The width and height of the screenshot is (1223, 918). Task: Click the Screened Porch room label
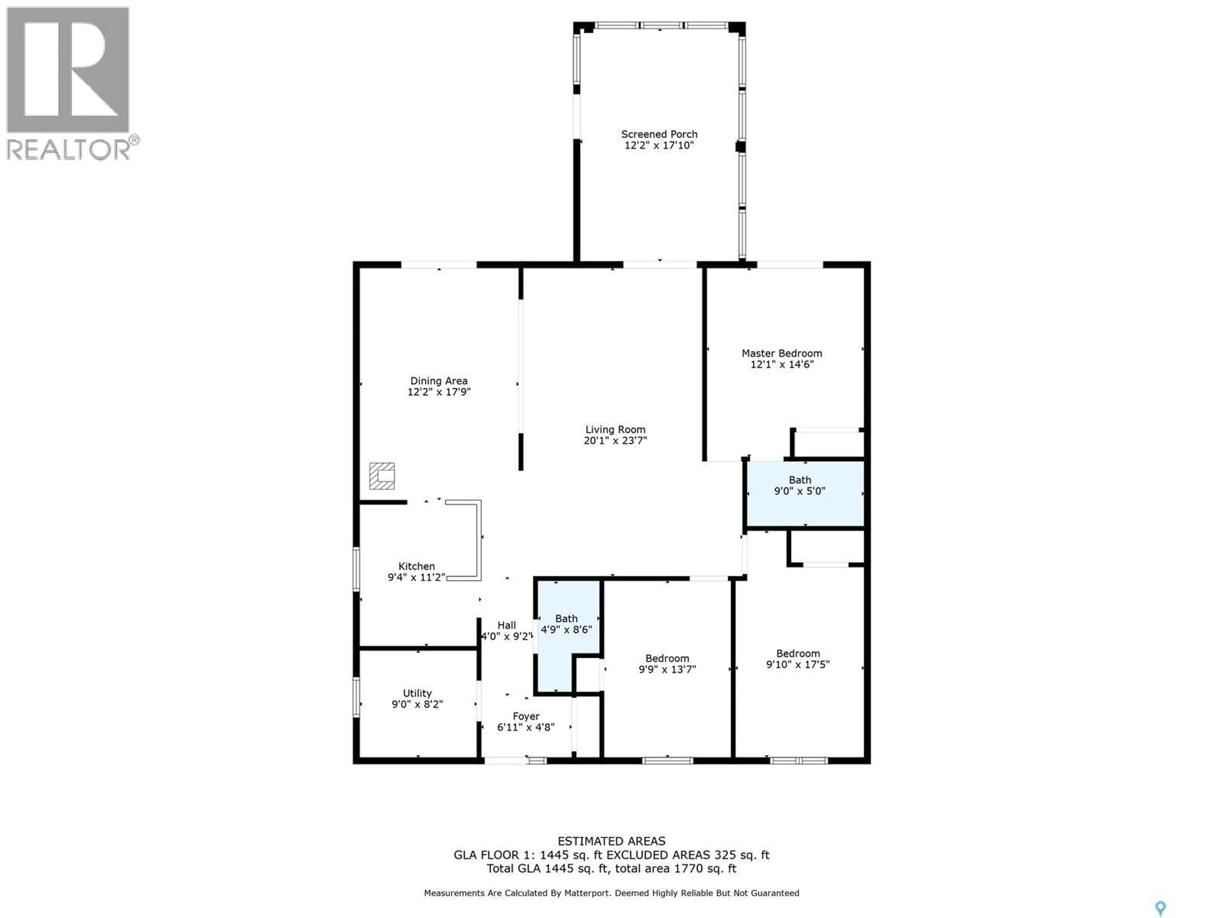click(x=659, y=134)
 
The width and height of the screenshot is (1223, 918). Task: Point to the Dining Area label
click(x=439, y=381)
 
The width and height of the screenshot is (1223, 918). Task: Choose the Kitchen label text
click(x=416, y=566)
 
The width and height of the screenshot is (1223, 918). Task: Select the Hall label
click(x=506, y=625)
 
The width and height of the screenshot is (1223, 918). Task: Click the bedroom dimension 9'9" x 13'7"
click(x=667, y=669)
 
